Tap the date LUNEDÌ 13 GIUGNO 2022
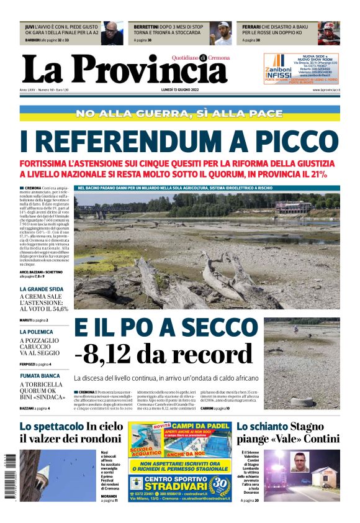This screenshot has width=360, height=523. (x=180, y=90)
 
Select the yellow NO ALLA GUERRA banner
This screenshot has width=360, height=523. (x=179, y=114)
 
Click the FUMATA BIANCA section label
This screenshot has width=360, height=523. (x=40, y=376)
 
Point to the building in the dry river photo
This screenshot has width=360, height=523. (x=294, y=206)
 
